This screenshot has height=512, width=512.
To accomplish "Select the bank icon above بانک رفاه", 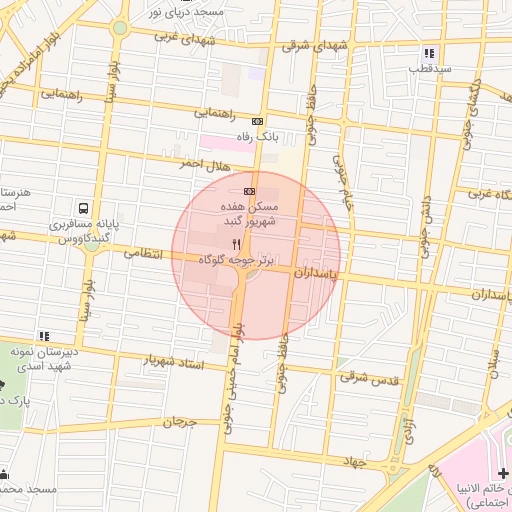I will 257,120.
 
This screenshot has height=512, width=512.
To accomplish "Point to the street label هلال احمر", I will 205,162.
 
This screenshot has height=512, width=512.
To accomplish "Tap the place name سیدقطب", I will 428,70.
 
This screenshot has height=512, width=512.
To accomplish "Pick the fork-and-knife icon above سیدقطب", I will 429,53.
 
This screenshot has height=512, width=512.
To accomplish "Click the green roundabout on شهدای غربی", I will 120,27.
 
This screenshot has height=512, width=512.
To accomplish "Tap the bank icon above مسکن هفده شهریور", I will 249,191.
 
